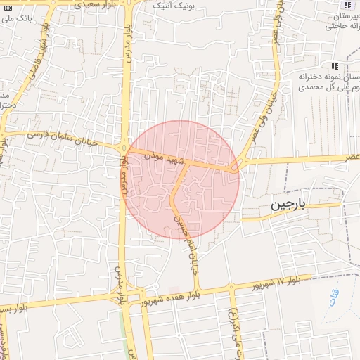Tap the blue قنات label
[x=335, y=297]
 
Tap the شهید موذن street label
[x=165, y=157]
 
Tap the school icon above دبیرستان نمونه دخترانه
[x=344, y=65]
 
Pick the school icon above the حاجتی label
[x=347, y=5]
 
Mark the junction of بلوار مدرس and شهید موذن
[x=124, y=148]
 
